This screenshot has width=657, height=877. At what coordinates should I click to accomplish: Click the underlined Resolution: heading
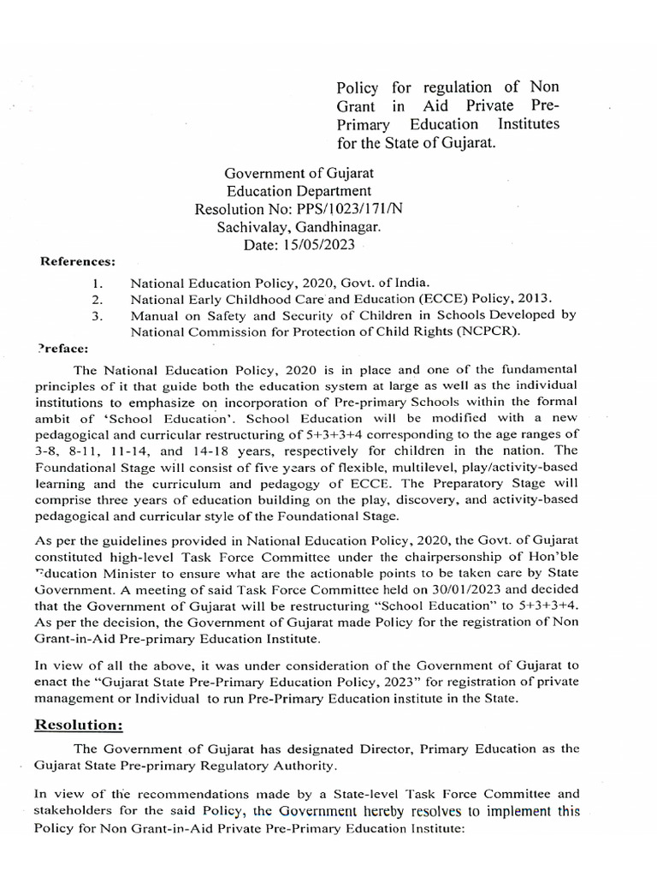pos(79,725)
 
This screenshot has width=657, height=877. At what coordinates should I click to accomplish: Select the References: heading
pos(78,261)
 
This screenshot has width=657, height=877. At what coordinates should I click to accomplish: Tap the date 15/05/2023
pos(316,246)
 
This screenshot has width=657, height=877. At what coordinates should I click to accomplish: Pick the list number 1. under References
pos(98,283)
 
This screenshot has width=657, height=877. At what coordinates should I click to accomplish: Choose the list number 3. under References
pos(98,315)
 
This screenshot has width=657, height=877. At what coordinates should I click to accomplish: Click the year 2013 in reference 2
pos(533,299)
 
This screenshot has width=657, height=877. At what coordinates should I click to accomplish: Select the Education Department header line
pos(299,191)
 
